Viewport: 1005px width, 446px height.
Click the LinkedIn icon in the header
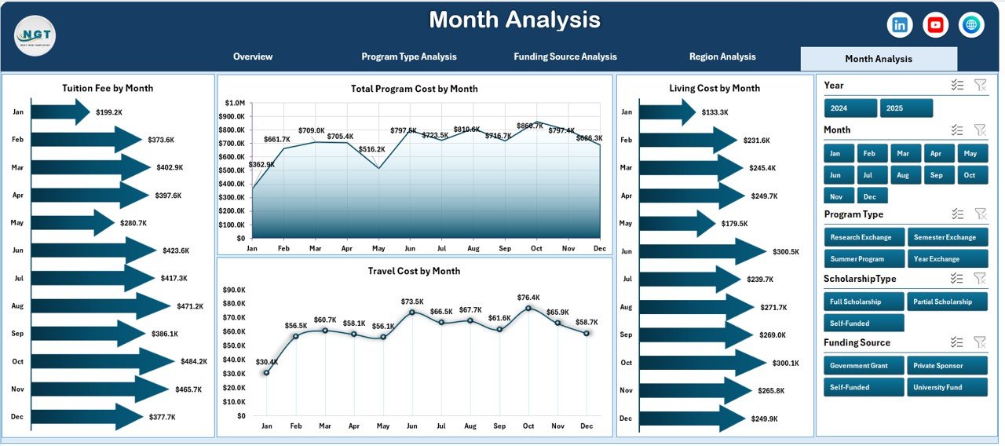900,25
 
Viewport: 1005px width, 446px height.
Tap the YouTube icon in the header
935,25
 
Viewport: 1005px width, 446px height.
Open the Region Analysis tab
722,57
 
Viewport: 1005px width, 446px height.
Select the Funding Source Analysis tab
565,57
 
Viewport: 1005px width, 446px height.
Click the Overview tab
253,57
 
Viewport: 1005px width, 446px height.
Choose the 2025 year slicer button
906,108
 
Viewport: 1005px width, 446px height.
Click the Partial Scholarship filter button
947,302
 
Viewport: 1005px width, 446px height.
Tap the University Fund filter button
947,387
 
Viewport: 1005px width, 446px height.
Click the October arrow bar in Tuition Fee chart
102,361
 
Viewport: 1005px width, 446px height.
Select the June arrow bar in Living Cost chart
702,251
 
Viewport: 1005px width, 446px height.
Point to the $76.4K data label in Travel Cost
528,298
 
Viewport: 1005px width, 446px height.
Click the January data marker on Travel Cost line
267,372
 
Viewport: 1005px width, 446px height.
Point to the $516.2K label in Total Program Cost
371,149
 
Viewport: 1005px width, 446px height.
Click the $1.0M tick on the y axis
234,103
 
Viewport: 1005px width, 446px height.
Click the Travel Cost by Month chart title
414,271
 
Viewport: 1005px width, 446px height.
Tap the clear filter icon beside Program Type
980,214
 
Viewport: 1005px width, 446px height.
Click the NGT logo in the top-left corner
35,35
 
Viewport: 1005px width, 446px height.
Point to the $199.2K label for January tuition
109,112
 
